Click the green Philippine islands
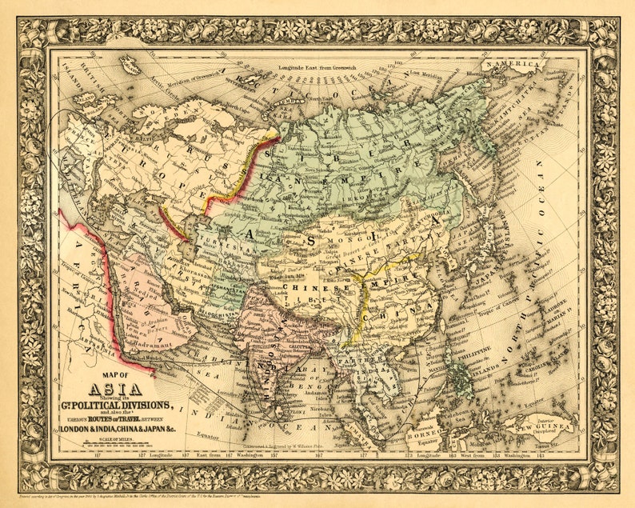coord(461,376)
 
